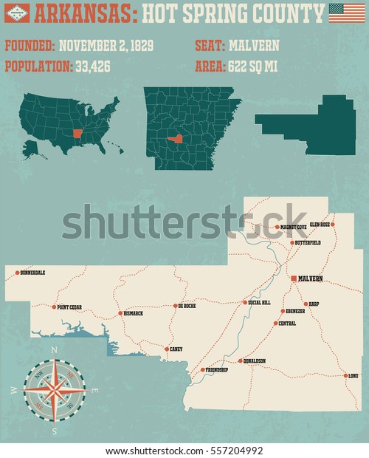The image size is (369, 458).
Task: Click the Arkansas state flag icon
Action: click(16, 13)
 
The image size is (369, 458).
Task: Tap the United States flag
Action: click(347, 13)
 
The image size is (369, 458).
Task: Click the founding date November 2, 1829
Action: click(106, 46)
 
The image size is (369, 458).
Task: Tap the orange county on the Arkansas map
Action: click(176, 138)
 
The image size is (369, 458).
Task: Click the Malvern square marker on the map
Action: click(294, 278)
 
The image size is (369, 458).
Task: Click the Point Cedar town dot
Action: click(54, 307)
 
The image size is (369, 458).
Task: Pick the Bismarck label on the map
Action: click(134, 313)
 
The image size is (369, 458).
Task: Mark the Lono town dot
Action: click(345, 375)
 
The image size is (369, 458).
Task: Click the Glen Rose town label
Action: click(319, 224)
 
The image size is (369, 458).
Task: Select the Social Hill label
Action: click(260, 303)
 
